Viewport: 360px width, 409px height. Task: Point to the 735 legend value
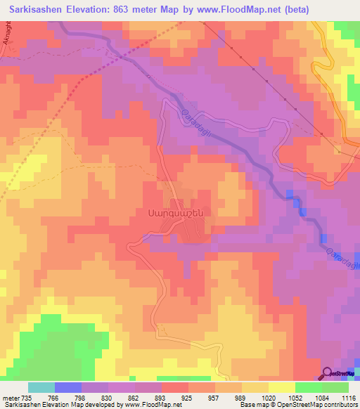click(x=26, y=398)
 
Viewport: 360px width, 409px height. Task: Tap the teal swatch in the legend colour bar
click(x=41, y=387)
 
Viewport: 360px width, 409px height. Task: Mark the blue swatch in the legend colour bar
click(x=68, y=387)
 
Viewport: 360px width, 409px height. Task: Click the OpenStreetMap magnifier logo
click(x=326, y=373)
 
